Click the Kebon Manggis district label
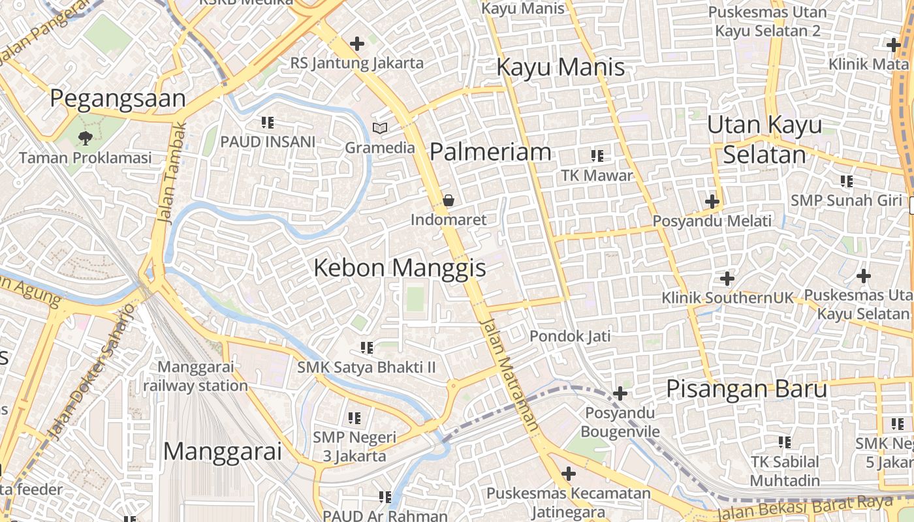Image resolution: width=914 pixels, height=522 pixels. point(400,268)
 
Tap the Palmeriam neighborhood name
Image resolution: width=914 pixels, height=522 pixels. point(490,152)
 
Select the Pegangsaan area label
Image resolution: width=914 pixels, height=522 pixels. point(118,99)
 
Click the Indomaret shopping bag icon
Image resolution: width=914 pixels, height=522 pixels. point(449,200)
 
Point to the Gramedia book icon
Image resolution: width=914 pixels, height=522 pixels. point(380,128)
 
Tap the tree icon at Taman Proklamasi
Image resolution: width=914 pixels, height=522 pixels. point(85,138)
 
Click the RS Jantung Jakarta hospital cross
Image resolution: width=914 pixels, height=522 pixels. point(357,44)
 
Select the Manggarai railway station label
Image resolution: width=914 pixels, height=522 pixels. point(195,376)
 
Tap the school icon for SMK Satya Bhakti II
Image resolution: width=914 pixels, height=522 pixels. point(366,348)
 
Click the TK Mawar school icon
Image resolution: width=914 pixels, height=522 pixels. point(597,156)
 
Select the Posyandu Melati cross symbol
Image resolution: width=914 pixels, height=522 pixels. point(712,202)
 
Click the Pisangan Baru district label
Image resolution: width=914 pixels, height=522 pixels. point(746,389)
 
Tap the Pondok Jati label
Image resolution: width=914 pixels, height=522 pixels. point(570,336)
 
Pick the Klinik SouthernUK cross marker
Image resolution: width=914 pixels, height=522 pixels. point(727,279)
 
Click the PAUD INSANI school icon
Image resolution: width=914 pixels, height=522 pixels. point(267,122)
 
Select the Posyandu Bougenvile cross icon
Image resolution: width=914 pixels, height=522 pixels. point(620,393)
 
